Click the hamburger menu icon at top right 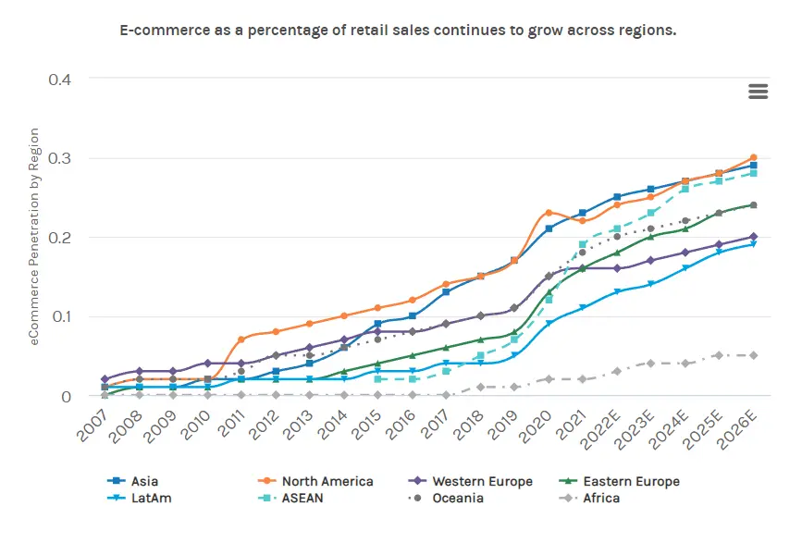(x=758, y=91)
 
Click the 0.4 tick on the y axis (x=61, y=79)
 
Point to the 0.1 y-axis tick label (x=61, y=316)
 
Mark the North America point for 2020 (x=549, y=213)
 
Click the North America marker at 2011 (x=241, y=339)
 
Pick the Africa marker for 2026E (x=753, y=355)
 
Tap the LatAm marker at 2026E (x=753, y=244)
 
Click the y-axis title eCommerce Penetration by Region (x=34, y=238)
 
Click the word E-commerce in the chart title (x=159, y=30)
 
